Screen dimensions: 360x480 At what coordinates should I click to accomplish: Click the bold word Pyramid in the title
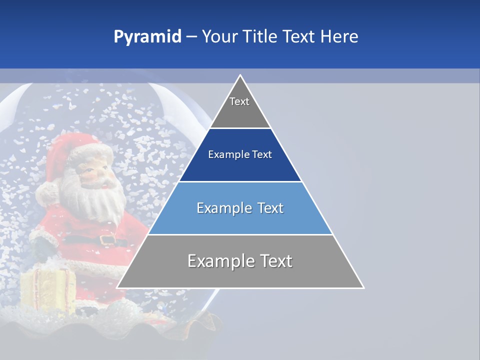147,37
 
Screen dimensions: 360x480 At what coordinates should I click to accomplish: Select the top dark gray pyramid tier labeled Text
240,107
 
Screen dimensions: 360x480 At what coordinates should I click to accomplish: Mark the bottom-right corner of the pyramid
363,287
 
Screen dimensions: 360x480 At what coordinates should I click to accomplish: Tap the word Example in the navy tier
224,155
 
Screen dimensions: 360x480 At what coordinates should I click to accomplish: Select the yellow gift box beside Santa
47,290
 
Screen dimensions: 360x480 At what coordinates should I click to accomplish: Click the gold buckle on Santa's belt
106,239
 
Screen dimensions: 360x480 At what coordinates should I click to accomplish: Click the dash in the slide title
191,37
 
